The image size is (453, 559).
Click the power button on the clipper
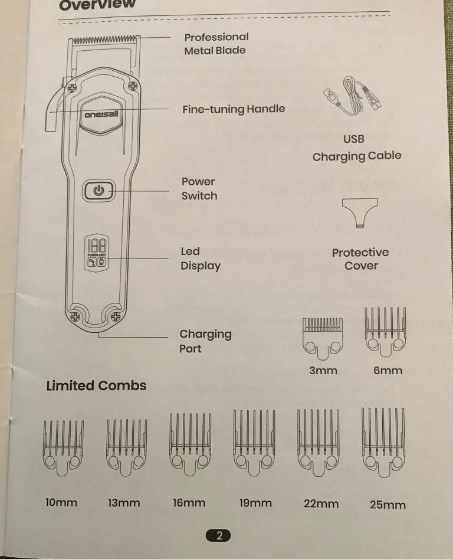point(99,191)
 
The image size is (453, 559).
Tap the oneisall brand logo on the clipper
point(101,115)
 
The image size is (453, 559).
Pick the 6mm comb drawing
point(385,332)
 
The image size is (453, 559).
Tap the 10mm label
point(61,503)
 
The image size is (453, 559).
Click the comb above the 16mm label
point(190,444)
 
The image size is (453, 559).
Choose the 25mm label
point(388,505)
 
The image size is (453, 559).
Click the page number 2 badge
point(218,535)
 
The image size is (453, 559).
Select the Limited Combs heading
point(96,385)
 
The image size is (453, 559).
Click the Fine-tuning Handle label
point(234,109)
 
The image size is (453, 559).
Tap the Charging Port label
point(205,341)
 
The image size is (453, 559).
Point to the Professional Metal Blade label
point(216,44)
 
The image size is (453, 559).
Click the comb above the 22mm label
point(319,443)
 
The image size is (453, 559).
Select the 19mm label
point(255,504)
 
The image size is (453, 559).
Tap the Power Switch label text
point(199,188)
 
